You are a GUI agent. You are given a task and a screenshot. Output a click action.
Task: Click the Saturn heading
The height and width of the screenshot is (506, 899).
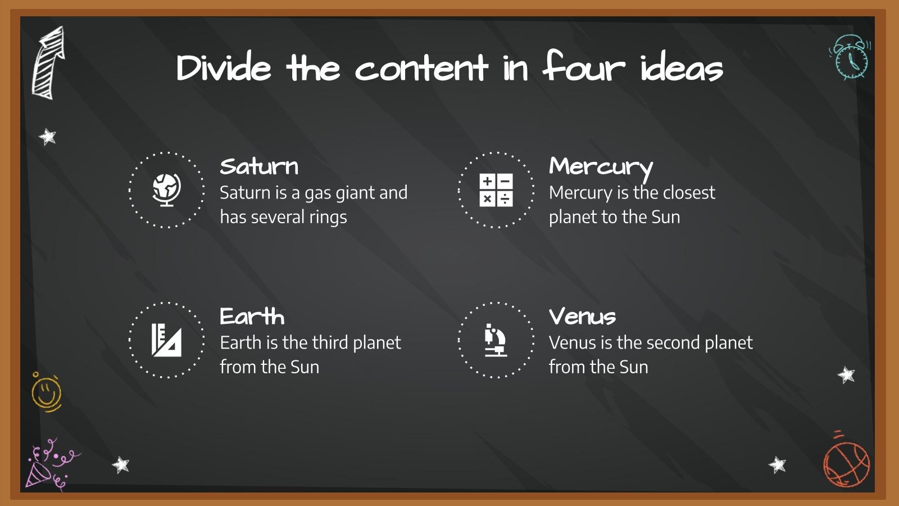click(259, 166)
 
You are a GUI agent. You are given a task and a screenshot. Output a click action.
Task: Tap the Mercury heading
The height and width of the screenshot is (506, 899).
click(601, 167)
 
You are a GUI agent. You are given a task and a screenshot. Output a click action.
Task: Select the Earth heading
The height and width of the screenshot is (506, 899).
click(252, 317)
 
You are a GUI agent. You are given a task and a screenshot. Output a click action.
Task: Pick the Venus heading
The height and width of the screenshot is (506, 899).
click(582, 317)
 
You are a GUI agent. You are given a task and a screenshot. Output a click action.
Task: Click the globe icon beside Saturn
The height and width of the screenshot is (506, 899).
click(167, 189)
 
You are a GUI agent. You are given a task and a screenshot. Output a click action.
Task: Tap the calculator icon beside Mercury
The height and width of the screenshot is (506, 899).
click(496, 189)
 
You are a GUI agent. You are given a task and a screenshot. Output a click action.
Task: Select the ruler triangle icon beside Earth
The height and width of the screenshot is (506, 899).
click(166, 340)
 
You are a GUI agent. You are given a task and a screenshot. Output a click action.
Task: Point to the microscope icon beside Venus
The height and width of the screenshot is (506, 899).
click(496, 340)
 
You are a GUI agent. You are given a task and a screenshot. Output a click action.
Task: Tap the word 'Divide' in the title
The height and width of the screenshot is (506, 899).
click(224, 69)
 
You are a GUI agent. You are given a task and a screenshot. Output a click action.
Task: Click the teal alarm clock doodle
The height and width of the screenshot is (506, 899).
click(851, 57)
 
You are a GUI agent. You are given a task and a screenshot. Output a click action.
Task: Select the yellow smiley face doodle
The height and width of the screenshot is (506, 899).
click(46, 392)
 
